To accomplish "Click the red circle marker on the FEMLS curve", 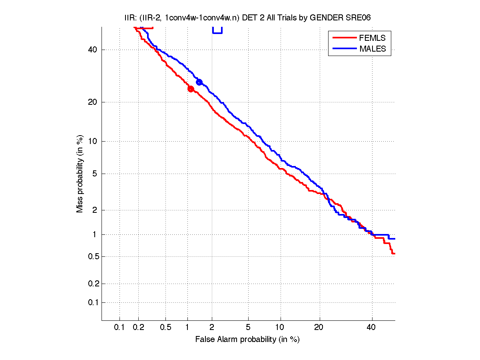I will click(x=191, y=89).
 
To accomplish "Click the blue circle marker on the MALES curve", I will click(x=199, y=82).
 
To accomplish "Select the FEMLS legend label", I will click(x=372, y=38).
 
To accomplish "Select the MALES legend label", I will click(x=372, y=49).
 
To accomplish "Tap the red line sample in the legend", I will click(x=344, y=38).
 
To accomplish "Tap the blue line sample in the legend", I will click(x=344, y=49).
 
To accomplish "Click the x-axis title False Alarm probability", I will click(x=247, y=340).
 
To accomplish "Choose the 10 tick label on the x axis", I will click(x=281, y=327).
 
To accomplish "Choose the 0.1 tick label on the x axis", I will click(x=120, y=327).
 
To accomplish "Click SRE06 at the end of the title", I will click(x=362, y=18).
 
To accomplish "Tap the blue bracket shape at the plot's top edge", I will click(x=217, y=30).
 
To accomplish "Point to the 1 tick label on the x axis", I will click(x=187, y=327).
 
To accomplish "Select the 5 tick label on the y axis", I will click(x=95, y=174).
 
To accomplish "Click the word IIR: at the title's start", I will click(x=130, y=18).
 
